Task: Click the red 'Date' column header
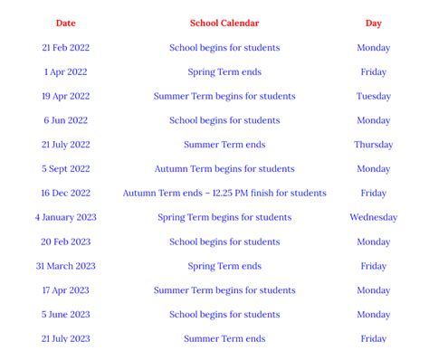click(65, 24)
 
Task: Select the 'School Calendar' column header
click(224, 24)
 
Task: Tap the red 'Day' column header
click(373, 24)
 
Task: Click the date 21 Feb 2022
click(65, 48)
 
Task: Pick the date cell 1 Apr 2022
click(65, 72)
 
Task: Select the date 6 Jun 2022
click(65, 120)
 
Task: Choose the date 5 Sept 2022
click(65, 169)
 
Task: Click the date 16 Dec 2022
click(65, 194)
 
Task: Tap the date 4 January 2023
click(65, 218)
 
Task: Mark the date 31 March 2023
click(65, 266)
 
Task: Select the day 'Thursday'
click(373, 145)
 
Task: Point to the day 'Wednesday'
click(373, 218)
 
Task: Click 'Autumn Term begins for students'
click(224, 169)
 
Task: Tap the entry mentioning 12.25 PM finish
click(224, 194)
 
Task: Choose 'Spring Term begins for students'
click(224, 218)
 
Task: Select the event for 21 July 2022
click(224, 145)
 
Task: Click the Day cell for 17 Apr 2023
click(373, 290)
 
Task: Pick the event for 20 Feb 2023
click(224, 242)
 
